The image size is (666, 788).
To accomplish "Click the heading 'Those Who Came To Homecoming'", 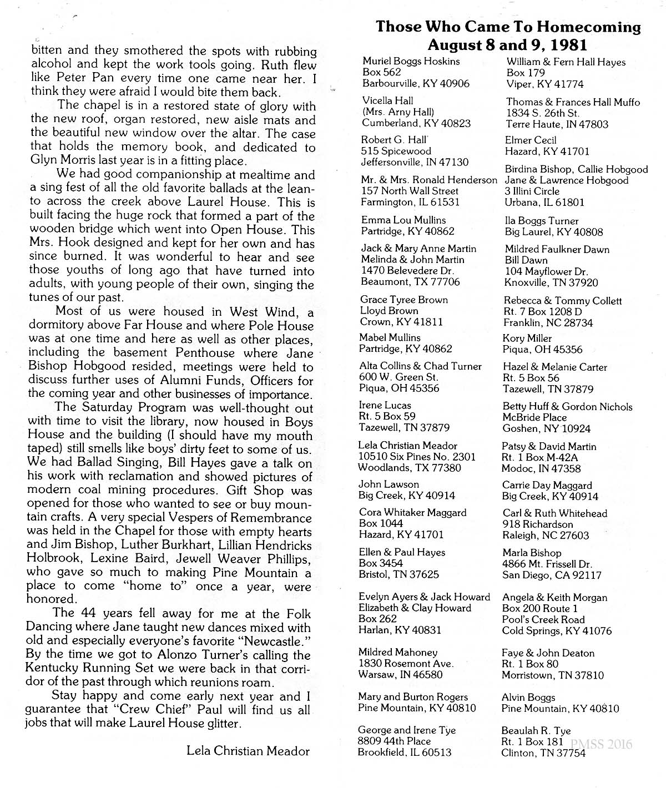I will tap(508, 27).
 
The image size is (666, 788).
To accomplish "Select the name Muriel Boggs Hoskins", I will tap(411, 62).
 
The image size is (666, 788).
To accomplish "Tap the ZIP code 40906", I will tap(453, 84).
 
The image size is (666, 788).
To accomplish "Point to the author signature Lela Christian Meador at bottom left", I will tap(248, 751).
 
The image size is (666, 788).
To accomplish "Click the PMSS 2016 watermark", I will tap(601, 744).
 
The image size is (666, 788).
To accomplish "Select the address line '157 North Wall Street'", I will tap(410, 191).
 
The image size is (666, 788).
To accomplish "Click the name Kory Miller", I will tap(527, 338).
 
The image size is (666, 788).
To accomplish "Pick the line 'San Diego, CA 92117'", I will tap(552, 575).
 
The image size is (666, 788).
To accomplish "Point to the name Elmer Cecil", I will tap(531, 140).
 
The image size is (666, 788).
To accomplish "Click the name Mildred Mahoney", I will tap(398, 652).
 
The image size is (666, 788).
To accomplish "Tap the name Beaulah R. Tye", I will tap(536, 731).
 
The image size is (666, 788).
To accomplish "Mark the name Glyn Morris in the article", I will tap(61, 161).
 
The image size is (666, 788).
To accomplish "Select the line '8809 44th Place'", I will tap(394, 741).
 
